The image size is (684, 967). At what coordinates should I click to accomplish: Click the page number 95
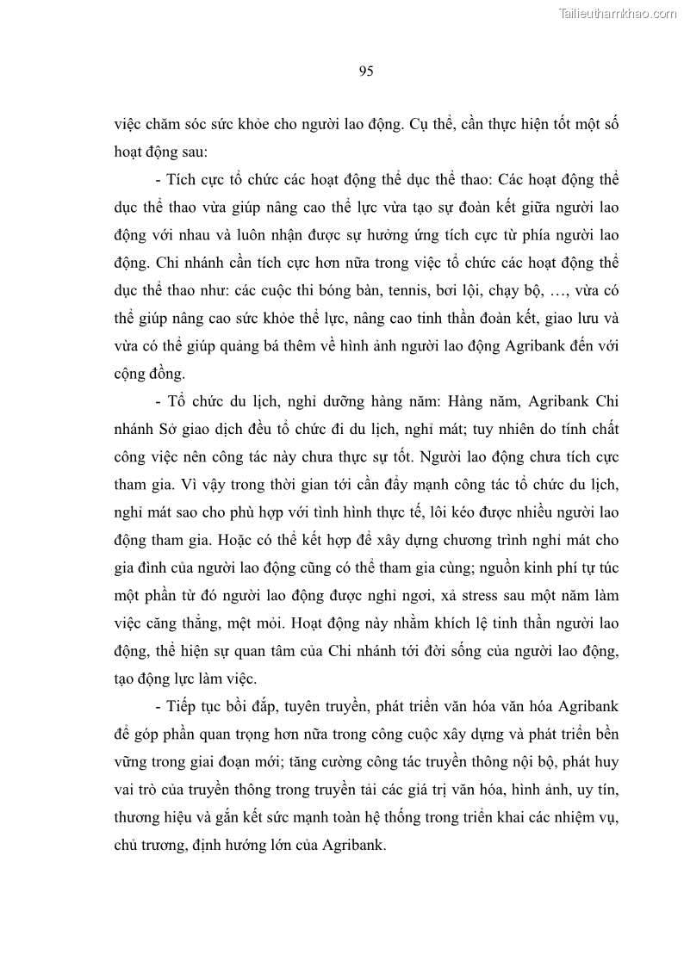point(365,71)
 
